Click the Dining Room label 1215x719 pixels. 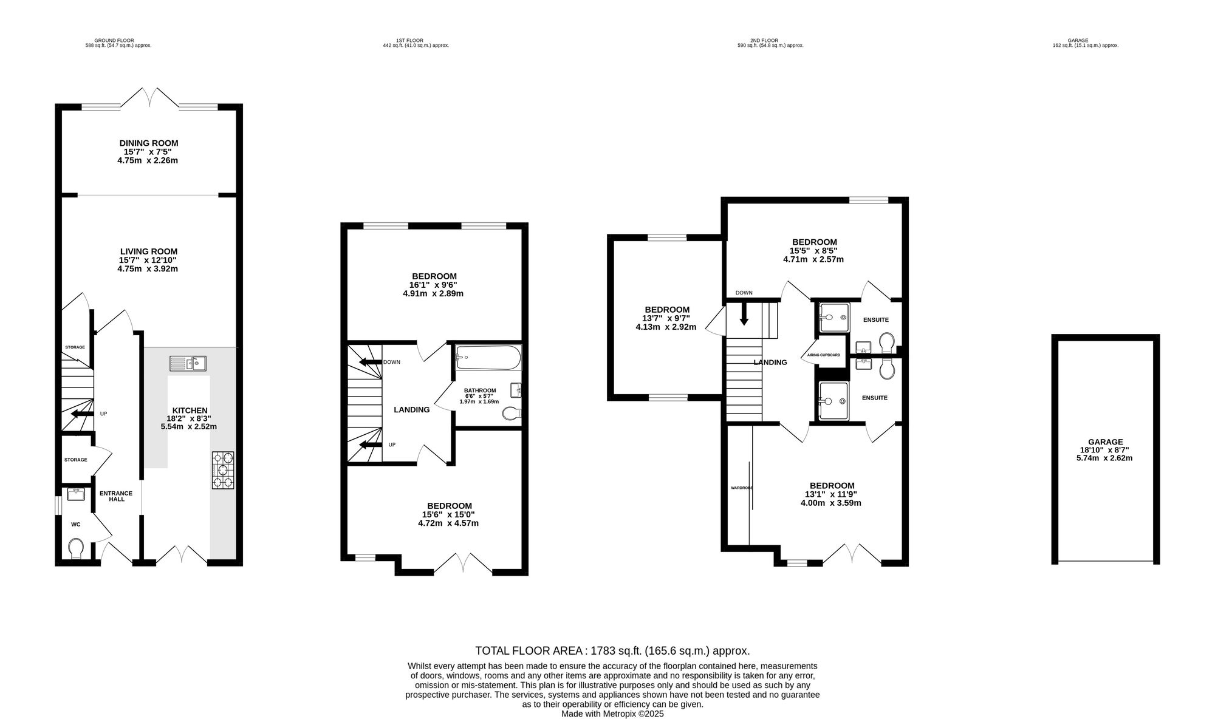point(149,143)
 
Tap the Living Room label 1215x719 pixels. point(149,251)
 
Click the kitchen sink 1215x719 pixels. point(188,364)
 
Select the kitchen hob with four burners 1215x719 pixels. point(223,470)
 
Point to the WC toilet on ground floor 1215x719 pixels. point(76,548)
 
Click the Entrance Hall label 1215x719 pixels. point(116,496)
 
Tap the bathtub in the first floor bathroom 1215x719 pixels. point(488,358)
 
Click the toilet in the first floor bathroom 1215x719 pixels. point(512,414)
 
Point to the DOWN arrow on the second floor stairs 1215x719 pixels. point(743,313)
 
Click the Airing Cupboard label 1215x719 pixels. point(824,355)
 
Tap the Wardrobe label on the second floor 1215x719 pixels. point(742,488)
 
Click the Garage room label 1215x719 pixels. point(1106,442)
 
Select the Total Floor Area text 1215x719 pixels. point(612,651)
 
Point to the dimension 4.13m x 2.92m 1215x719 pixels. point(666,327)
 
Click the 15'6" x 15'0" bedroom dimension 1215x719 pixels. point(448,514)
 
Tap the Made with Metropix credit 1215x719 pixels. point(612,714)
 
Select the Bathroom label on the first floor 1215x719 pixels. point(480,390)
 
